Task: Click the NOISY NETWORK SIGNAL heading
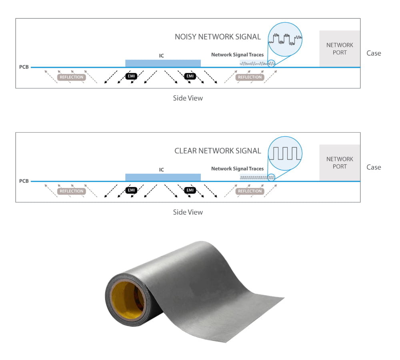tap(218, 37)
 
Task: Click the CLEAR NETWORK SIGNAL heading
tap(218, 151)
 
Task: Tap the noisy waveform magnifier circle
tap(285, 39)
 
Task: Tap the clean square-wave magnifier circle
tap(285, 152)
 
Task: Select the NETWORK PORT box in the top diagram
tap(340, 49)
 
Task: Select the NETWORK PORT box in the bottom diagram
tap(340, 163)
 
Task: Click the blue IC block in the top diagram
tap(163, 63)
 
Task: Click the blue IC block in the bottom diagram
tap(163, 177)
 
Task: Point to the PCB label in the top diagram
tap(24, 67)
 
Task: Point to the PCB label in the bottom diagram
tap(24, 181)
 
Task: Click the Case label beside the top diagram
tap(374, 53)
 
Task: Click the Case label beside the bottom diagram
tap(374, 167)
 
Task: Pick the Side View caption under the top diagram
tap(188, 98)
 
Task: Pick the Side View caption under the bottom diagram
tap(188, 212)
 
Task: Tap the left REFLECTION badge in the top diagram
tap(72, 77)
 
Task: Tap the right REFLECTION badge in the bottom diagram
tap(250, 191)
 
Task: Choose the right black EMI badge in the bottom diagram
tap(190, 190)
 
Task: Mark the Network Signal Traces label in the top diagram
tap(237, 55)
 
